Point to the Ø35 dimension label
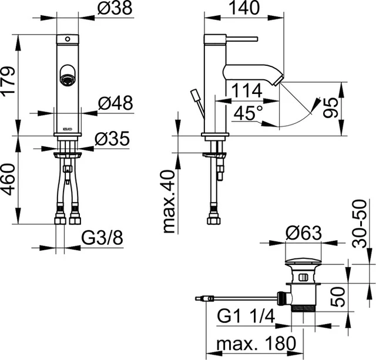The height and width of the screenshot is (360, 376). click(x=113, y=139)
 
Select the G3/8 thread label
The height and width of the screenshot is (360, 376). click(x=101, y=239)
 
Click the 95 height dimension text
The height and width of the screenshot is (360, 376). click(x=332, y=109)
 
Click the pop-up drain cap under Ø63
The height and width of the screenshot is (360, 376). click(x=304, y=261)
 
